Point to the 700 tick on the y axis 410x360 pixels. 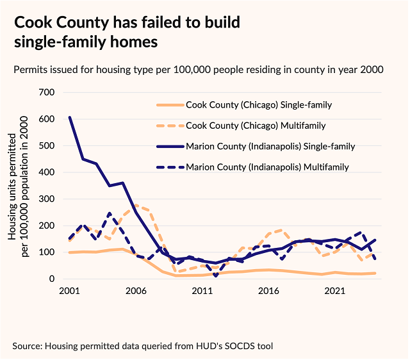pos(47,92)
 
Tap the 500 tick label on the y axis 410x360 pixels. pos(47,145)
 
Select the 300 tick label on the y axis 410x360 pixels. pos(47,199)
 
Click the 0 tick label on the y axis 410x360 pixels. pos(51,279)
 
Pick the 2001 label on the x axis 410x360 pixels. pos(69,291)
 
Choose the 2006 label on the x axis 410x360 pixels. pos(136,291)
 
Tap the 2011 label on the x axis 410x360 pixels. pos(202,291)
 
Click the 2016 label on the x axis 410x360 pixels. pos(269,291)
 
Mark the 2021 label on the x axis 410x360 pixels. pos(336,291)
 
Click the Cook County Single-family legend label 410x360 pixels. pos(258,104)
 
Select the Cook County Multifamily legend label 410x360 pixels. pos(256,126)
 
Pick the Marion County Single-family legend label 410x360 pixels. pos(270,147)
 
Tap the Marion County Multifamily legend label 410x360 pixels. pos(267,168)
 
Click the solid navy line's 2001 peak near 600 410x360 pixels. pos(69,117)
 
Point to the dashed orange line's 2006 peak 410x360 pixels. pos(135,205)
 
